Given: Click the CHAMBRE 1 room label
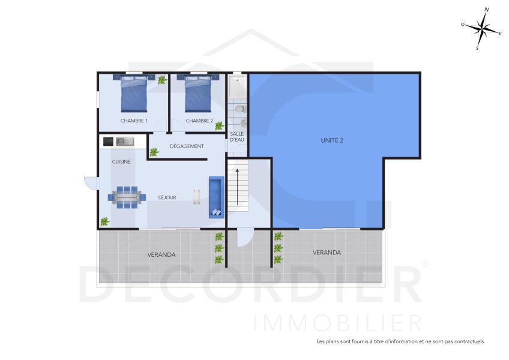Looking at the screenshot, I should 134,121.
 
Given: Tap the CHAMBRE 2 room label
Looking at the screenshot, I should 199,121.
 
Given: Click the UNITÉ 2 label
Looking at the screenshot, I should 333,140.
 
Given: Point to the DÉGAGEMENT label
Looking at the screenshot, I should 187,146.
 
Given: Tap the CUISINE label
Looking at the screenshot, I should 121,162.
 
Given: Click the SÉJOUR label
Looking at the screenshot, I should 167,197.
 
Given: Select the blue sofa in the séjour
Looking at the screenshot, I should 215,197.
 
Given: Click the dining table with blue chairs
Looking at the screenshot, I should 127,196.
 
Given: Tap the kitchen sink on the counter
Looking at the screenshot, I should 125,142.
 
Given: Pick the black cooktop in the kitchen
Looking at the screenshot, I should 109,142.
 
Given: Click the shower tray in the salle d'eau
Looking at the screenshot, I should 237,88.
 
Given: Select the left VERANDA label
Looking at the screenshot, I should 161,254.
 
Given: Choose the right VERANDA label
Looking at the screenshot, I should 327,253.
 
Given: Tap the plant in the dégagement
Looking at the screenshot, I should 154,152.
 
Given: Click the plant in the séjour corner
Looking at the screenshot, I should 105,221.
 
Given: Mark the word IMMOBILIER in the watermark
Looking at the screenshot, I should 337,322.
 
